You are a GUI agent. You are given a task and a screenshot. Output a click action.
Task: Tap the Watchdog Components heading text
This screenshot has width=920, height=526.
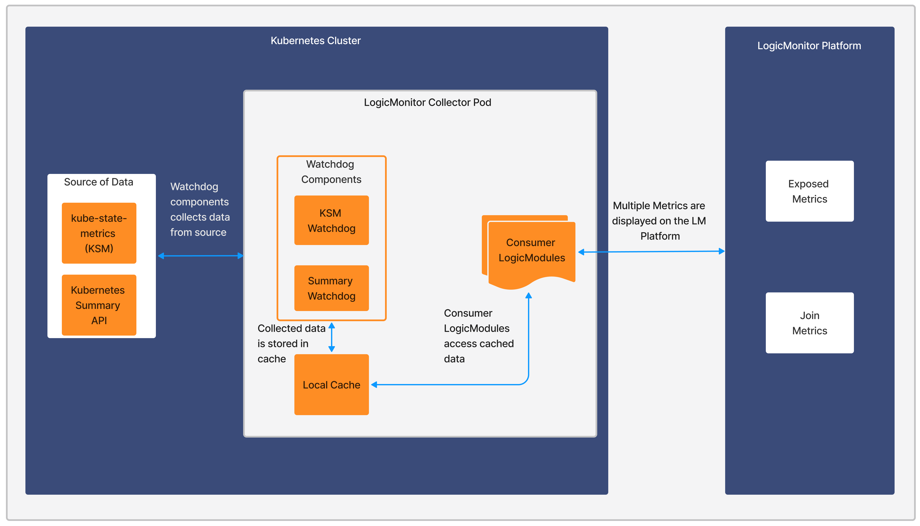point(331,172)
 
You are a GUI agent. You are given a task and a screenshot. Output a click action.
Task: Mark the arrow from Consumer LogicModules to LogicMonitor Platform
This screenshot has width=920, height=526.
point(651,251)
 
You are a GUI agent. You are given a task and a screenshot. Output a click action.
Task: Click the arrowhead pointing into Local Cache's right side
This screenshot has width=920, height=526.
point(374,385)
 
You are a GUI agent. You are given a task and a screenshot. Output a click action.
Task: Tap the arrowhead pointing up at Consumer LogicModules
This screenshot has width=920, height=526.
point(528,296)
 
